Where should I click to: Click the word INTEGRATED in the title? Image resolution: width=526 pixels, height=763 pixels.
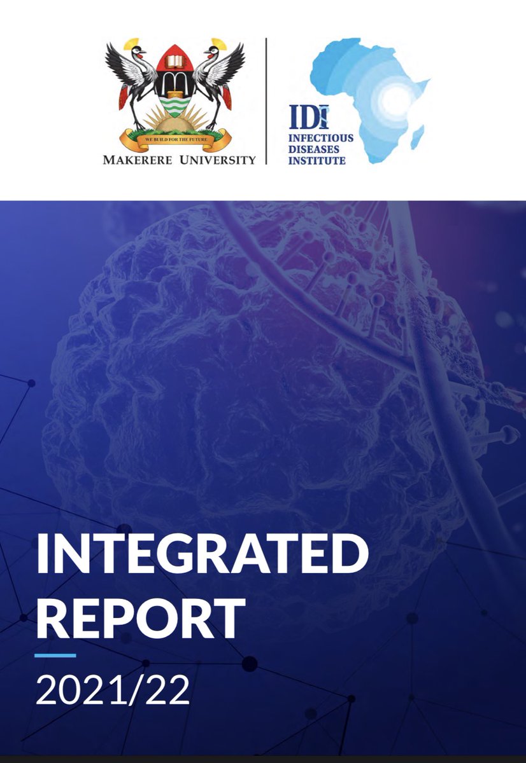click(203, 554)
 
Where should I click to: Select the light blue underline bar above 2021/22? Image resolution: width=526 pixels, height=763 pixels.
click(55, 656)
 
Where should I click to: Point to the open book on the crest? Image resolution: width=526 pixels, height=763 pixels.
click(176, 62)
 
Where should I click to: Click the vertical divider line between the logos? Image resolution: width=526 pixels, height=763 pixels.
click(266, 102)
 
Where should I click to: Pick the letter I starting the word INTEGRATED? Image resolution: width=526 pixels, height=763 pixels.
click(42, 554)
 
